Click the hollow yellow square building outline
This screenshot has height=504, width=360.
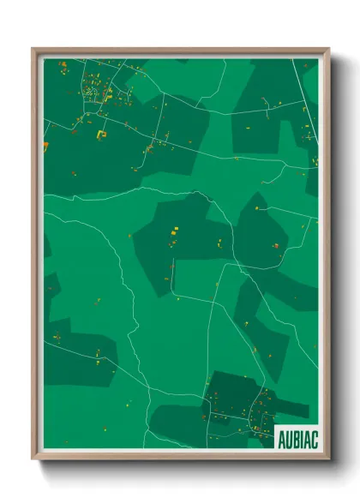point(104,134)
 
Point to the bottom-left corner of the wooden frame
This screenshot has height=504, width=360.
point(33,459)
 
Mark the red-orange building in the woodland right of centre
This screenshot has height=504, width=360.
point(275,246)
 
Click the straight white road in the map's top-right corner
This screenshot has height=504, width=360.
point(309,103)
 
